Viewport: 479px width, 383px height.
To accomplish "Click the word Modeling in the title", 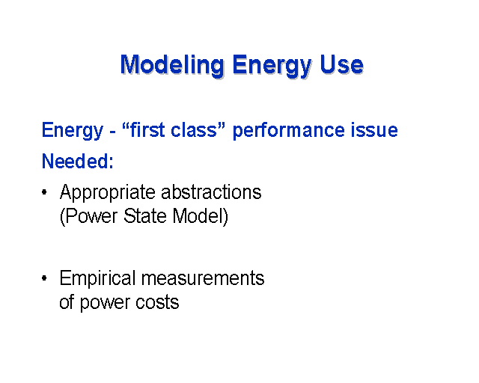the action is pos(172,65).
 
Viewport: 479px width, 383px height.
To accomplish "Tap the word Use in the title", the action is pos(341,64).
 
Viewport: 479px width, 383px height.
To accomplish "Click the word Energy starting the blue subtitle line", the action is pos(72,131).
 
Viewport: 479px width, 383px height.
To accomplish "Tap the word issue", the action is pos(374,130).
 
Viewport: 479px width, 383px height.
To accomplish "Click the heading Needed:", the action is pos(77,161).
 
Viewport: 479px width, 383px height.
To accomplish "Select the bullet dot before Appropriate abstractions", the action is pos(44,192).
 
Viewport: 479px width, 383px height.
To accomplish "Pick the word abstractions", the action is pos(211,191).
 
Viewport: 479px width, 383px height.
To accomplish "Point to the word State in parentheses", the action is pos(144,216).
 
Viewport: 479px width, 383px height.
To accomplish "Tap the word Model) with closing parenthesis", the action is pos(200,216).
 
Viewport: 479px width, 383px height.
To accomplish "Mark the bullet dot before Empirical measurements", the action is pos(44,278).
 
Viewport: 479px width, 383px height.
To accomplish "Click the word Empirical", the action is pos(97,279).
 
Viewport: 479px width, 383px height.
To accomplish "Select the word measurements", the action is pos(203,278).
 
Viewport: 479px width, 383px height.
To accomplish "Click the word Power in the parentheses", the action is pos(89,216).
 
